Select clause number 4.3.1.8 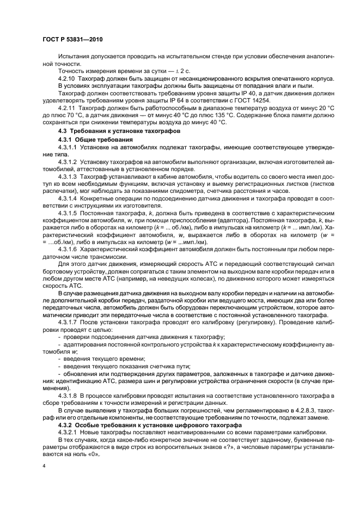(x=68, y=393)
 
